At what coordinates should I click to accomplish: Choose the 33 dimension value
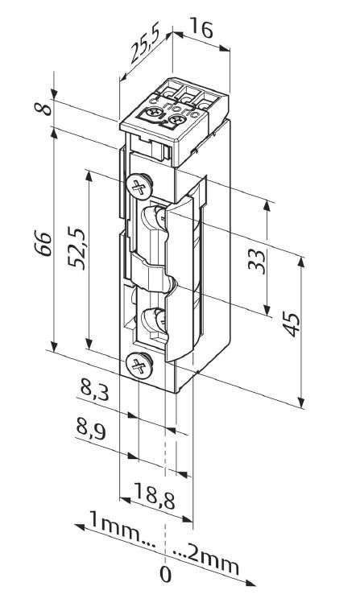pos(257,261)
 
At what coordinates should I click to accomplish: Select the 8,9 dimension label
pos(94,428)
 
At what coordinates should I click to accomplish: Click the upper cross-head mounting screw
pos(139,188)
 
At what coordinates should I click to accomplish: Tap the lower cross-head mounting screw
pos(139,365)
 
